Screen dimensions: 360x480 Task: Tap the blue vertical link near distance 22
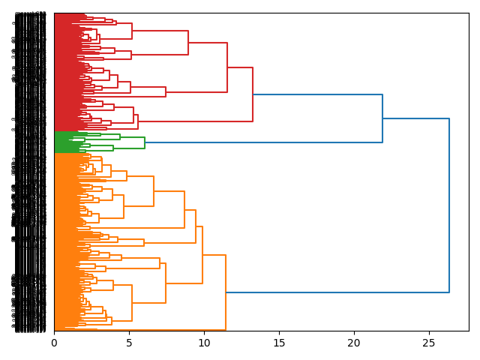[x=382, y=118]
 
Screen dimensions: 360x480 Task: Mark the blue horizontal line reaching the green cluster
[x=263, y=142]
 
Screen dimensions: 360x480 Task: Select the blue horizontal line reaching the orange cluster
[x=337, y=292]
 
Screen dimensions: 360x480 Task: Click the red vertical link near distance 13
[x=253, y=94]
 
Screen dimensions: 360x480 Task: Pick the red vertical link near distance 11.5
[x=227, y=67]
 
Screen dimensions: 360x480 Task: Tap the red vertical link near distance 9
[x=188, y=43]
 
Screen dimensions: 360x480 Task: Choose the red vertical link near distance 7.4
[x=166, y=91]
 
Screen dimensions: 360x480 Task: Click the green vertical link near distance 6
[x=145, y=142]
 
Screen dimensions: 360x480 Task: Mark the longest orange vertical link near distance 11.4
[x=226, y=292]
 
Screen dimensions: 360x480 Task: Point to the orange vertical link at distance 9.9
[x=202, y=255]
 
